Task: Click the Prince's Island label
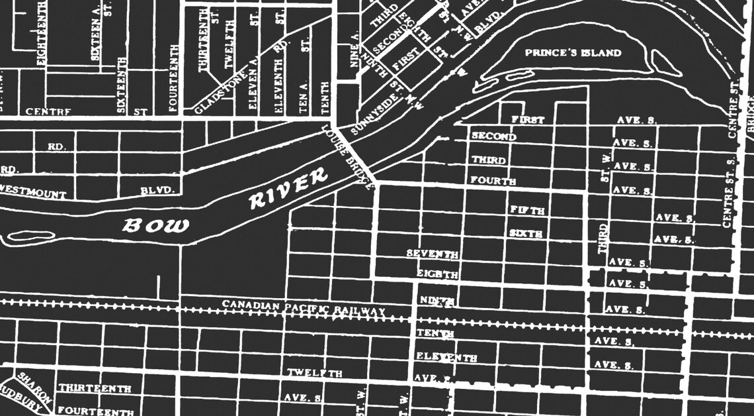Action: pyautogui.click(x=573, y=53)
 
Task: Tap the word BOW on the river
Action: pyautogui.click(x=156, y=225)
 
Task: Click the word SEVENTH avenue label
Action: pyautogui.click(x=433, y=254)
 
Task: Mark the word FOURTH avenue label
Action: pyautogui.click(x=493, y=180)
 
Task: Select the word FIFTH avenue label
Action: pyautogui.click(x=527, y=211)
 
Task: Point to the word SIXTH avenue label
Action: pyautogui.click(x=526, y=234)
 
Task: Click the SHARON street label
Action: pyautogui.click(x=34, y=388)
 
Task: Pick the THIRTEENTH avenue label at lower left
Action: pyautogui.click(x=95, y=388)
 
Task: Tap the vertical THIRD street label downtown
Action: pyautogui.click(x=603, y=239)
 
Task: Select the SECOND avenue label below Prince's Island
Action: pyautogui.click(x=493, y=137)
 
